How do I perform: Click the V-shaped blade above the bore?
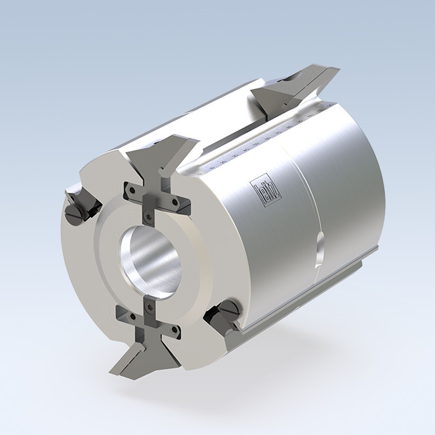[165, 157]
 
